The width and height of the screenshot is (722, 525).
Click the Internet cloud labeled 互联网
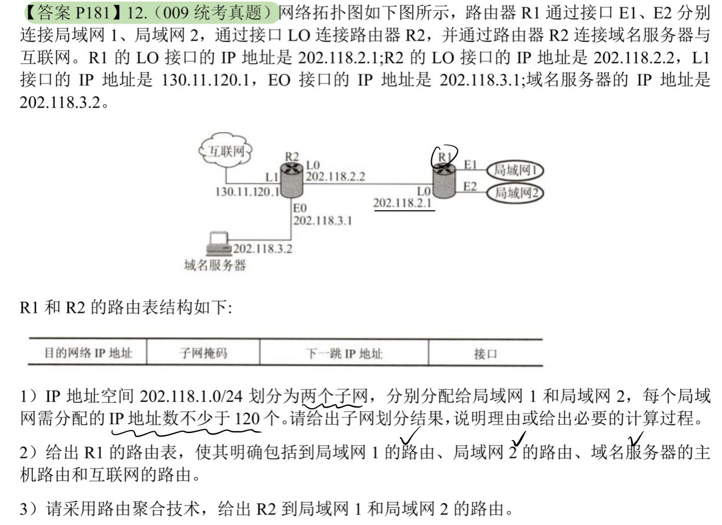pos(225,150)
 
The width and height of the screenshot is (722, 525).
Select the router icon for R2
pos(292,180)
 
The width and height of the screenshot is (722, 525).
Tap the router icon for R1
pos(444,181)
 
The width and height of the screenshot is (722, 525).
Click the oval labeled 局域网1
pos(515,170)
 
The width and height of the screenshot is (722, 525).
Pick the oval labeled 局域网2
pos(515,193)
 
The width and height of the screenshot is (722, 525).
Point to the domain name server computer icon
pos(218,244)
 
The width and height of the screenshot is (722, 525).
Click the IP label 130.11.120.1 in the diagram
pos(247,192)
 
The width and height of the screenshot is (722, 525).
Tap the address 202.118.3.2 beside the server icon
pos(262,249)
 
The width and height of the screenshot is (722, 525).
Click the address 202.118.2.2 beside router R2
pos(336,176)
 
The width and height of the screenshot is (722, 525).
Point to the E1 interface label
pos(470,165)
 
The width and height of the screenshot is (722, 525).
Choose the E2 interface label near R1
pos(470,186)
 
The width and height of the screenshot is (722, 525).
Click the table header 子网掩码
pos(204,353)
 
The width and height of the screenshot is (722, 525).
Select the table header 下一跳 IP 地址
pos(344,353)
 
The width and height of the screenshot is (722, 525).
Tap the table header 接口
pos(485,354)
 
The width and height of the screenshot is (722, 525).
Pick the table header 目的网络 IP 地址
pos(88,353)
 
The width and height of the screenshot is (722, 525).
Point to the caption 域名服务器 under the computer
pos(215,265)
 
